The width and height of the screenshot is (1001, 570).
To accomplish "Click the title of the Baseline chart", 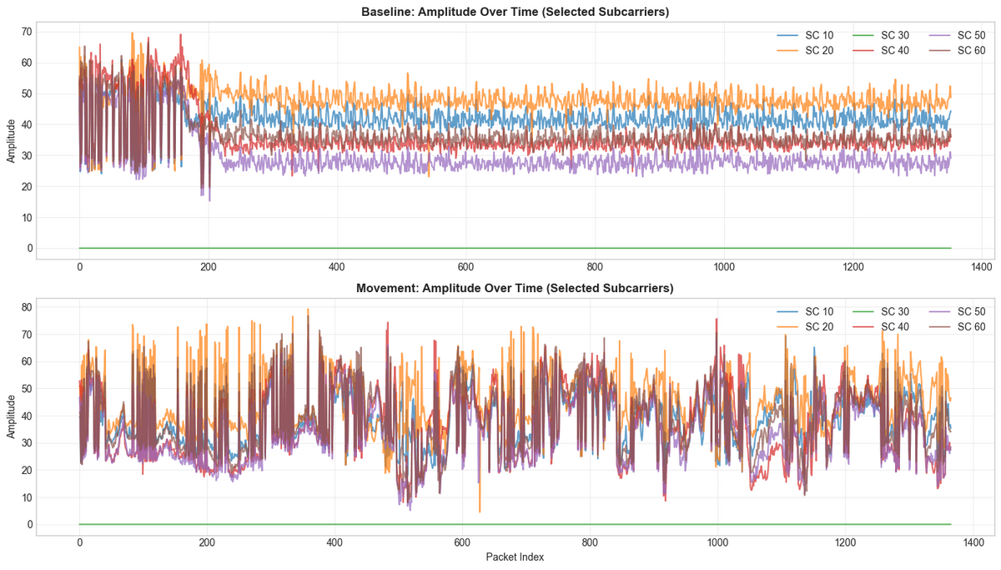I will pos(515,12).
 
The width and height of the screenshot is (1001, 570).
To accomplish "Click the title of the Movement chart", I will pos(515,288).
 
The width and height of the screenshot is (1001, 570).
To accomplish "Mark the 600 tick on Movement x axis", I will pos(462,542).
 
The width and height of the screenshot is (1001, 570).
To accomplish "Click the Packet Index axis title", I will pos(515,557).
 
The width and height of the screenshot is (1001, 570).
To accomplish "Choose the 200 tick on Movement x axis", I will pos(207,542).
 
